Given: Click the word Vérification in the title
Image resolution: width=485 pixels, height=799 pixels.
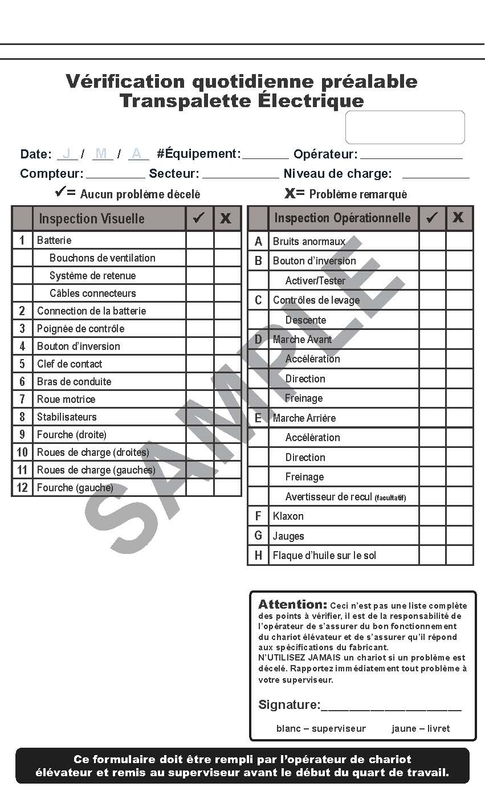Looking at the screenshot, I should tap(125, 81).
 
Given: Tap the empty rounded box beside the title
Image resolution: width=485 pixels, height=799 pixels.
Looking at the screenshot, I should tap(405, 127).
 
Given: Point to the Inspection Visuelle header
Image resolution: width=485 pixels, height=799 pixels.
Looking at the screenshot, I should tap(91, 219).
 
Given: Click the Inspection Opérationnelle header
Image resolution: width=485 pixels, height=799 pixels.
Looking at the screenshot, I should tap(342, 218).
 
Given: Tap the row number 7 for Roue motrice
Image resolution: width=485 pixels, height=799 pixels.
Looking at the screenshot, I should tap(22, 399).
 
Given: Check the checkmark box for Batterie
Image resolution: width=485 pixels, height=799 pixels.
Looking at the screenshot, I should tap(199, 240).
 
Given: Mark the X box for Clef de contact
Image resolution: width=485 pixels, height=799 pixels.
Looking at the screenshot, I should tap(227, 364).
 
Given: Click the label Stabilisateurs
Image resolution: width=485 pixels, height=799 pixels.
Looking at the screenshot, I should tap(67, 417).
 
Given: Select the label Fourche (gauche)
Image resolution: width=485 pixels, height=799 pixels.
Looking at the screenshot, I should tap(75, 488).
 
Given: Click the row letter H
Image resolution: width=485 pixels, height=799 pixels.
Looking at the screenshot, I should tap(258, 556).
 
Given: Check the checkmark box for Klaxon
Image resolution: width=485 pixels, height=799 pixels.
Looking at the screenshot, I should tap(432, 516).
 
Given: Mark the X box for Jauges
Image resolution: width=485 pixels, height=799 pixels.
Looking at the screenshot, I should tap(459, 536).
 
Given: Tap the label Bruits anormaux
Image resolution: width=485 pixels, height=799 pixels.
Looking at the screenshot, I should tap(309, 242).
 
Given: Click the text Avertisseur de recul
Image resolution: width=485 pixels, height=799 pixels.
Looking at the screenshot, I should tap(329, 497).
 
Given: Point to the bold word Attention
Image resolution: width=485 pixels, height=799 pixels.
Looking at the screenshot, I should tap(292, 605).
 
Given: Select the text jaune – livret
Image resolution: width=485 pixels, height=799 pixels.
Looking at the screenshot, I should tap(421, 729).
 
